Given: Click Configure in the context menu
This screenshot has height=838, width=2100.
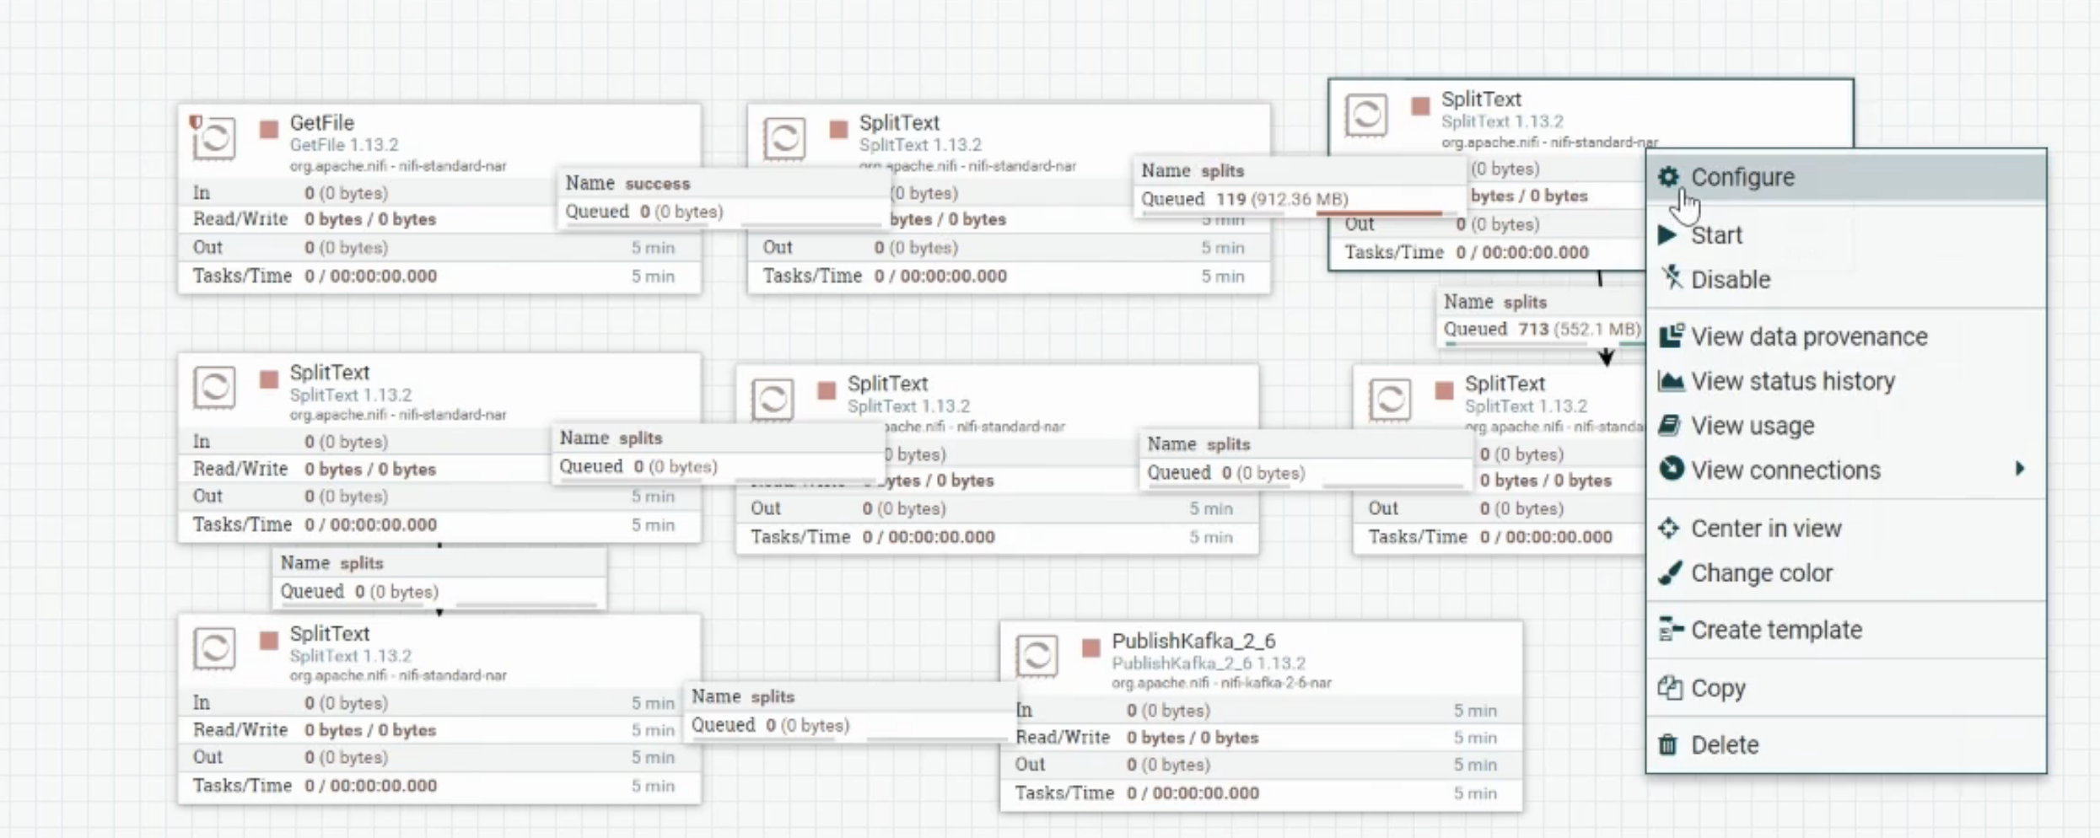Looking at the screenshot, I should (x=1742, y=178).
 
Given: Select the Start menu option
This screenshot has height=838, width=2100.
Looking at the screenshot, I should (x=1716, y=235).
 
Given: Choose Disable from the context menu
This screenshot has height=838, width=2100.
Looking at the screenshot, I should (x=1730, y=280).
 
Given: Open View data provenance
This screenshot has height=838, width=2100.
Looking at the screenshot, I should (x=1808, y=337).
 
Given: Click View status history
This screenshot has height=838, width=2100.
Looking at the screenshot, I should (x=1792, y=382).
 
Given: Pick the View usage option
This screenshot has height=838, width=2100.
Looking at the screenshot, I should (x=1752, y=427).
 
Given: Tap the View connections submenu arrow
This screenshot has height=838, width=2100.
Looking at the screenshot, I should (x=2020, y=469).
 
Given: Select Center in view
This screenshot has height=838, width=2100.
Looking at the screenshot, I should (x=1765, y=529).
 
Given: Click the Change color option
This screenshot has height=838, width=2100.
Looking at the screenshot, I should (x=1761, y=573).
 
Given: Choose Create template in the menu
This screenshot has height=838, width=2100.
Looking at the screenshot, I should (x=1775, y=631).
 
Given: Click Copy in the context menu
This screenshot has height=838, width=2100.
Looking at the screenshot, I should (x=1717, y=689).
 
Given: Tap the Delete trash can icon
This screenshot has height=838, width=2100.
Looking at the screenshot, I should (x=1668, y=745).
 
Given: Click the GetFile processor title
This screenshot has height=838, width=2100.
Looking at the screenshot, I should (x=321, y=123).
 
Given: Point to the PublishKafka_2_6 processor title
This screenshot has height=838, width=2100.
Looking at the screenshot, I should (x=1193, y=642).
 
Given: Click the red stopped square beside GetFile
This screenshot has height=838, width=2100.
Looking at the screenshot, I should (x=269, y=129).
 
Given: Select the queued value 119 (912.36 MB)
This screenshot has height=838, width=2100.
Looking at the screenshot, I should (x=1281, y=200).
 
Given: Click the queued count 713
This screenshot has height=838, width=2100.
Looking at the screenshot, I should (x=1533, y=330).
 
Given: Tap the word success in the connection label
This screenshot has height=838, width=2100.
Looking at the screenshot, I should (x=657, y=184).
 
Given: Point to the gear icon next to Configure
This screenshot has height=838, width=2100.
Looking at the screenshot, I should (x=1668, y=177).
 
